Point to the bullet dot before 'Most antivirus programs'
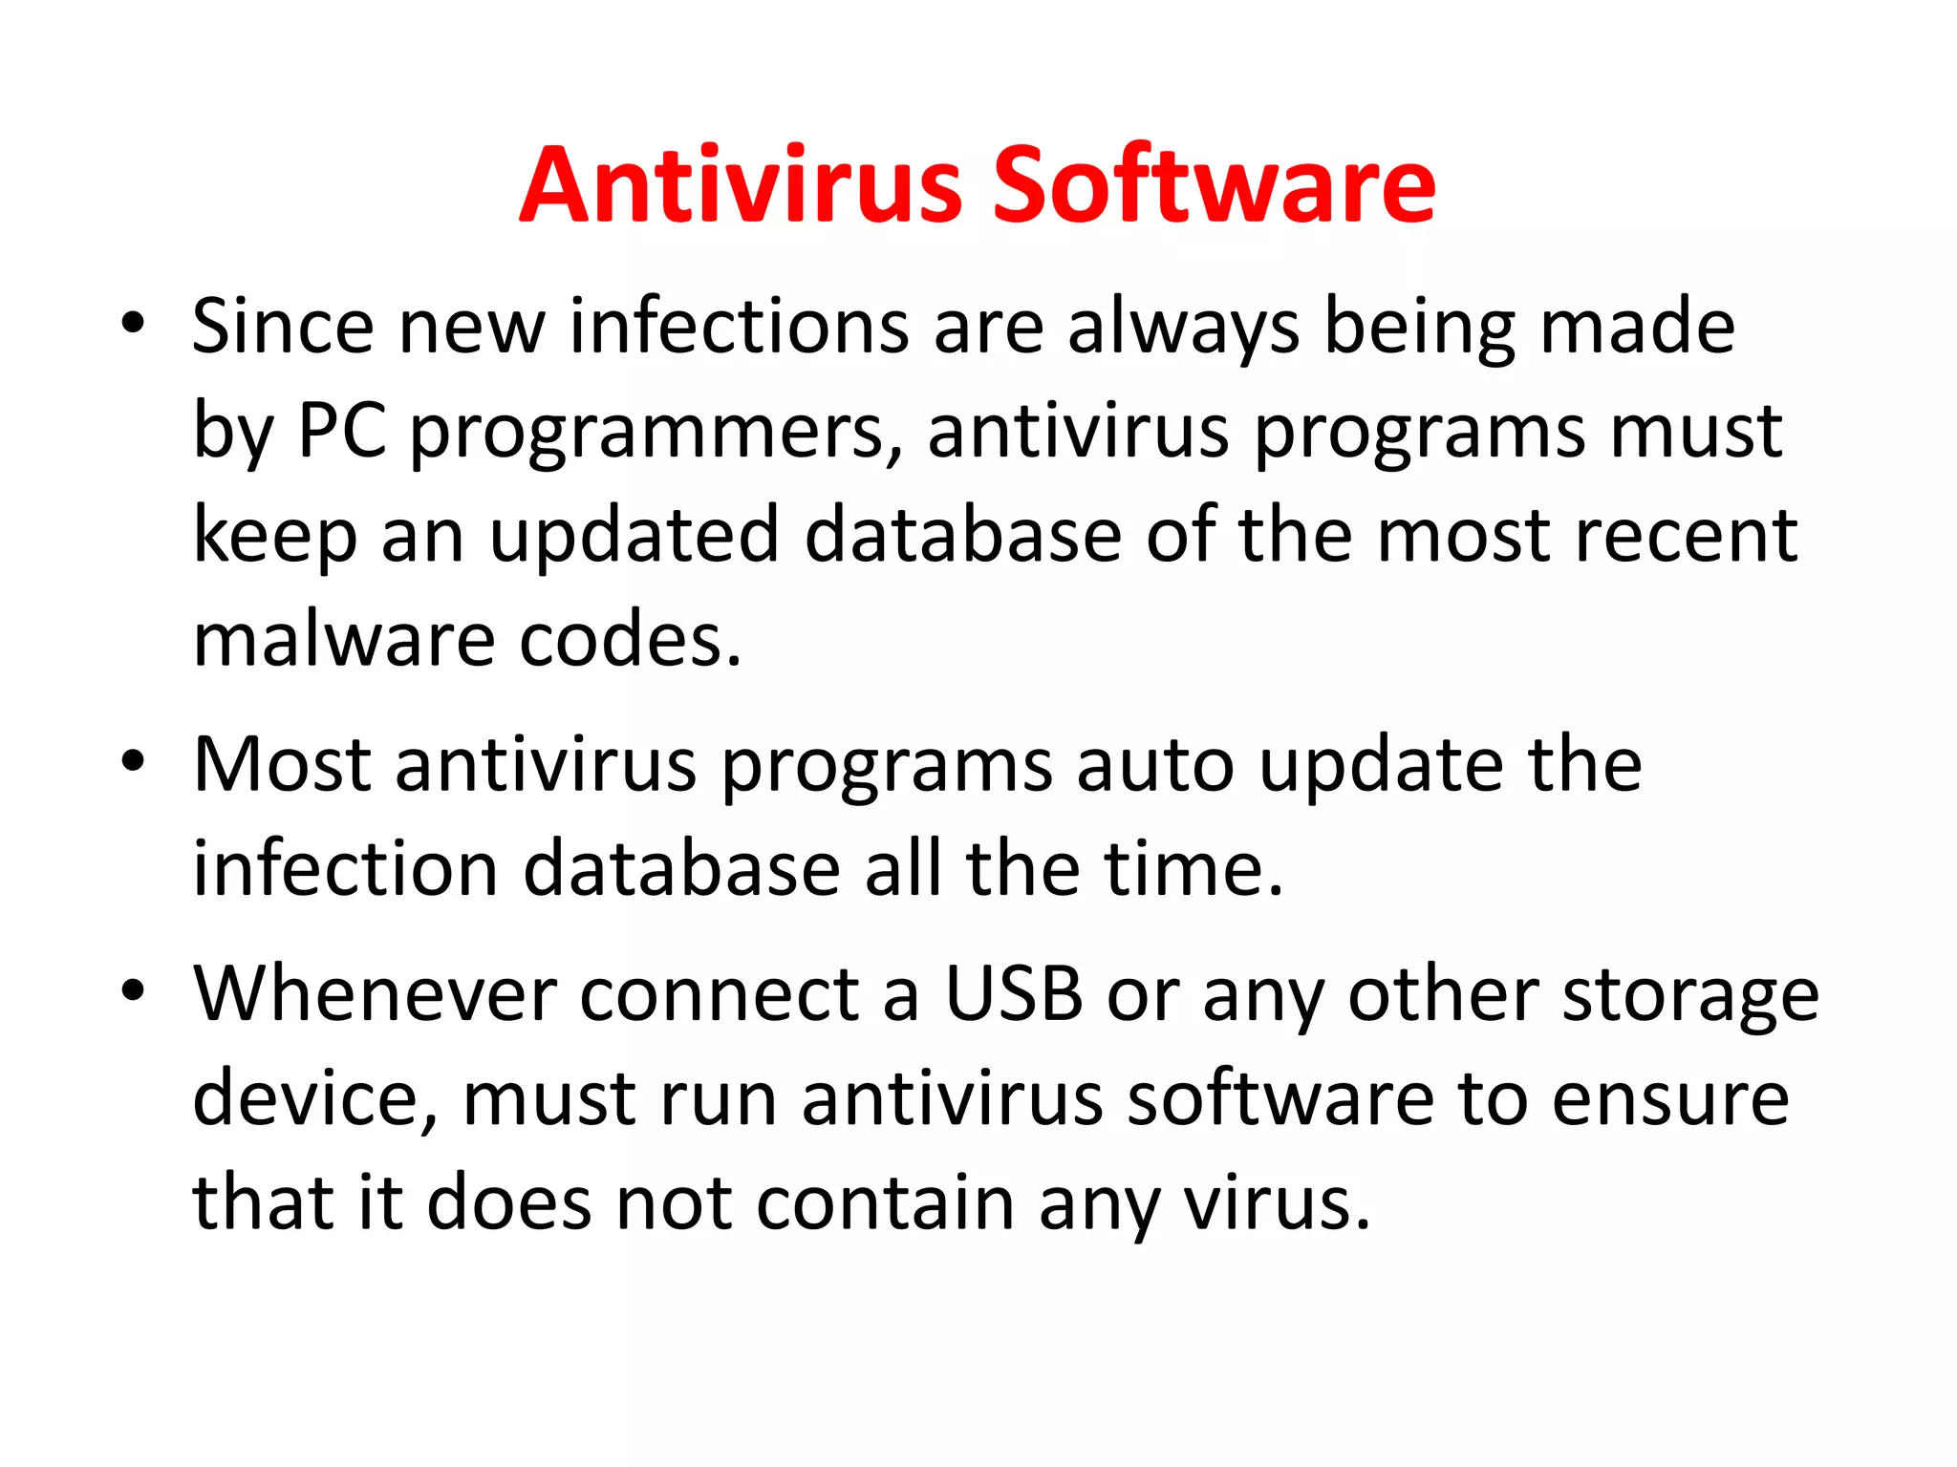[133, 761]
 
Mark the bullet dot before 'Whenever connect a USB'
[133, 990]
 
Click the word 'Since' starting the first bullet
[282, 327]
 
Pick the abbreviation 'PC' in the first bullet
[342, 431]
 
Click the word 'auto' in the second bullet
[1154, 766]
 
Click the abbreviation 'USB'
[1014, 995]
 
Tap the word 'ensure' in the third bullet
[1670, 1100]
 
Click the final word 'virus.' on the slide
[1278, 1203]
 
